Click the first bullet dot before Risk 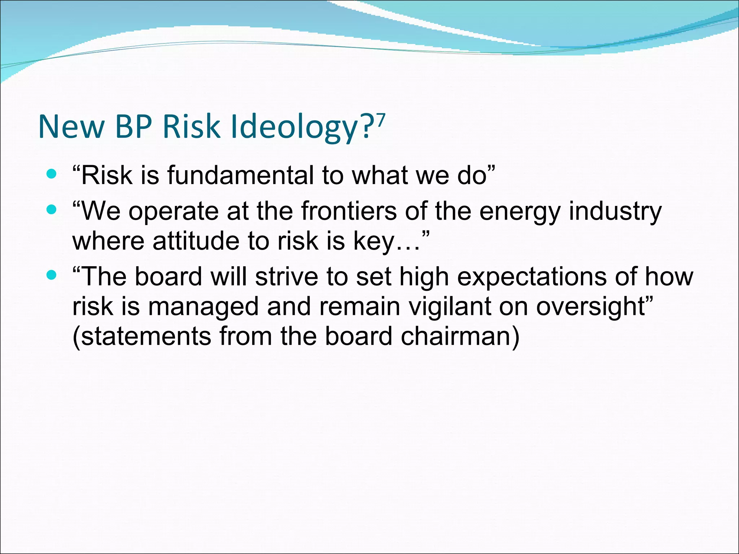(x=52, y=175)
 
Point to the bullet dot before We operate (x=52, y=210)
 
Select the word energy (x=520, y=212)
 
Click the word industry (x=615, y=211)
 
